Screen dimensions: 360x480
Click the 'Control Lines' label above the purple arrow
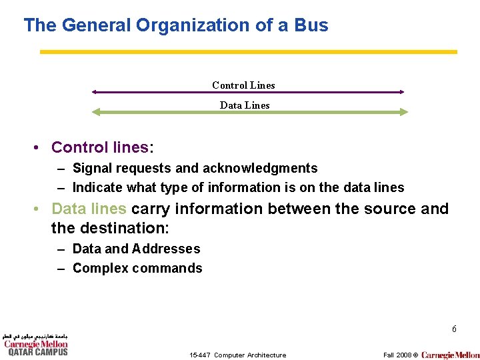[x=243, y=85]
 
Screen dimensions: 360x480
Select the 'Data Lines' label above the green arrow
[x=245, y=105]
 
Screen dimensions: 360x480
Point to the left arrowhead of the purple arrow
[x=95, y=92]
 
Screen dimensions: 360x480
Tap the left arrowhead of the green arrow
[x=96, y=113]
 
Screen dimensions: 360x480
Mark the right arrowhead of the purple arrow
[x=401, y=92]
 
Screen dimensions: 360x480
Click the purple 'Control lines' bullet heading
[x=99, y=147]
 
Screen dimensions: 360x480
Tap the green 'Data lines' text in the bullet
[x=89, y=209]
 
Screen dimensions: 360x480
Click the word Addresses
[x=166, y=249]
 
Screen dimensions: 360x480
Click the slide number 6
[x=454, y=329]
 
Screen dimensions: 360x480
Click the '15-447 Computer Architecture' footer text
[x=237, y=355]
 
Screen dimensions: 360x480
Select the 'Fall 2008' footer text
[x=397, y=355]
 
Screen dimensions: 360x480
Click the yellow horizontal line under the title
[x=248, y=51]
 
